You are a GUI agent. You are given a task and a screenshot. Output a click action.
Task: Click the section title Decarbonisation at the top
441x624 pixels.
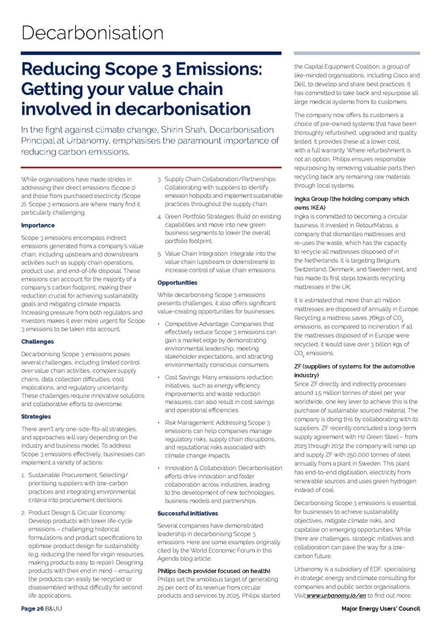coord(92,32)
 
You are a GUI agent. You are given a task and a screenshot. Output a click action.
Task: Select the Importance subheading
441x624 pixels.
coord(38,225)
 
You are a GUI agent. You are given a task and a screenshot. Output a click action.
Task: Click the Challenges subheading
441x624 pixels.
coord(38,342)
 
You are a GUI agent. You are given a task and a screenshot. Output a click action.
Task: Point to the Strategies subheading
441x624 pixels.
coord(37,416)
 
